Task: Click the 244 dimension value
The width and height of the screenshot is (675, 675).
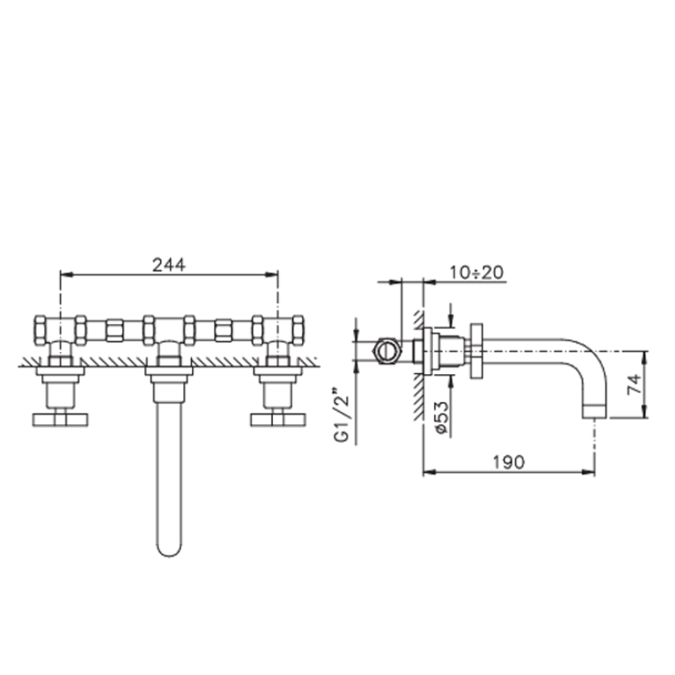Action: [169, 265]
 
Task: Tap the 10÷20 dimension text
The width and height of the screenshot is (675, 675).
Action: [476, 272]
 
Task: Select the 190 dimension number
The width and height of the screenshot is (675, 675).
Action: [509, 462]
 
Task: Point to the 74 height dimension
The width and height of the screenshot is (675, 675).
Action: [635, 384]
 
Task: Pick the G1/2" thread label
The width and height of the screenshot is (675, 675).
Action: [341, 415]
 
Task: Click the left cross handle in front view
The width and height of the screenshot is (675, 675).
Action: [60, 420]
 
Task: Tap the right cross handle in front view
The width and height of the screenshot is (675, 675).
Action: [278, 420]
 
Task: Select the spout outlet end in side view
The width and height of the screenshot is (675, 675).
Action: [595, 412]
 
